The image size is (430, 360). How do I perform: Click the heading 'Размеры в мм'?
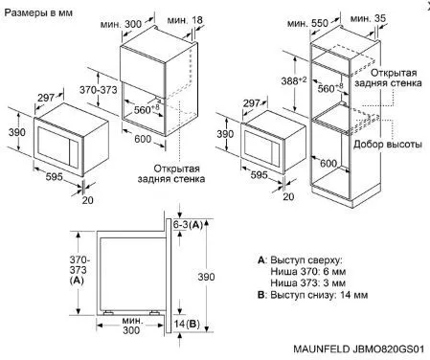[38, 12]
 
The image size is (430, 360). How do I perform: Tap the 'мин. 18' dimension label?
[185, 20]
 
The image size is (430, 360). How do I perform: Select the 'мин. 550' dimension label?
[307, 23]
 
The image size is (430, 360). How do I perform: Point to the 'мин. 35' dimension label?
[368, 18]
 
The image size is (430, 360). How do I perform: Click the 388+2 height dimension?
[294, 80]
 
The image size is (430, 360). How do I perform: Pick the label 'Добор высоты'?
[388, 145]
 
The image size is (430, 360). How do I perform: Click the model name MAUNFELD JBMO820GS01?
[359, 349]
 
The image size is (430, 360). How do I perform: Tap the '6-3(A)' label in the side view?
[188, 225]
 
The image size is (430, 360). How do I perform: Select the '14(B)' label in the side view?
[187, 324]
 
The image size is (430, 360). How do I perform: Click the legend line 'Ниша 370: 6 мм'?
[308, 272]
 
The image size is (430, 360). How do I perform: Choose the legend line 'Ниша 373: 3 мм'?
[308, 282]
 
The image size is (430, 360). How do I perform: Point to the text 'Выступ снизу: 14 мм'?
[319, 295]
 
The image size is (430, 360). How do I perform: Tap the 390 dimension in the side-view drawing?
[206, 277]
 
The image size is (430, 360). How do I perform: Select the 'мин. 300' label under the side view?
[131, 325]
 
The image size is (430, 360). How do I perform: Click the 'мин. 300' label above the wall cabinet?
[121, 24]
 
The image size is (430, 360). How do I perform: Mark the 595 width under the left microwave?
[54, 176]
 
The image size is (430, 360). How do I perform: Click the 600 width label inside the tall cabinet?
[328, 163]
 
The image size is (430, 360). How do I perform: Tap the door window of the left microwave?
[54, 146]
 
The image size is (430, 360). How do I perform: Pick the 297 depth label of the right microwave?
[252, 102]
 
